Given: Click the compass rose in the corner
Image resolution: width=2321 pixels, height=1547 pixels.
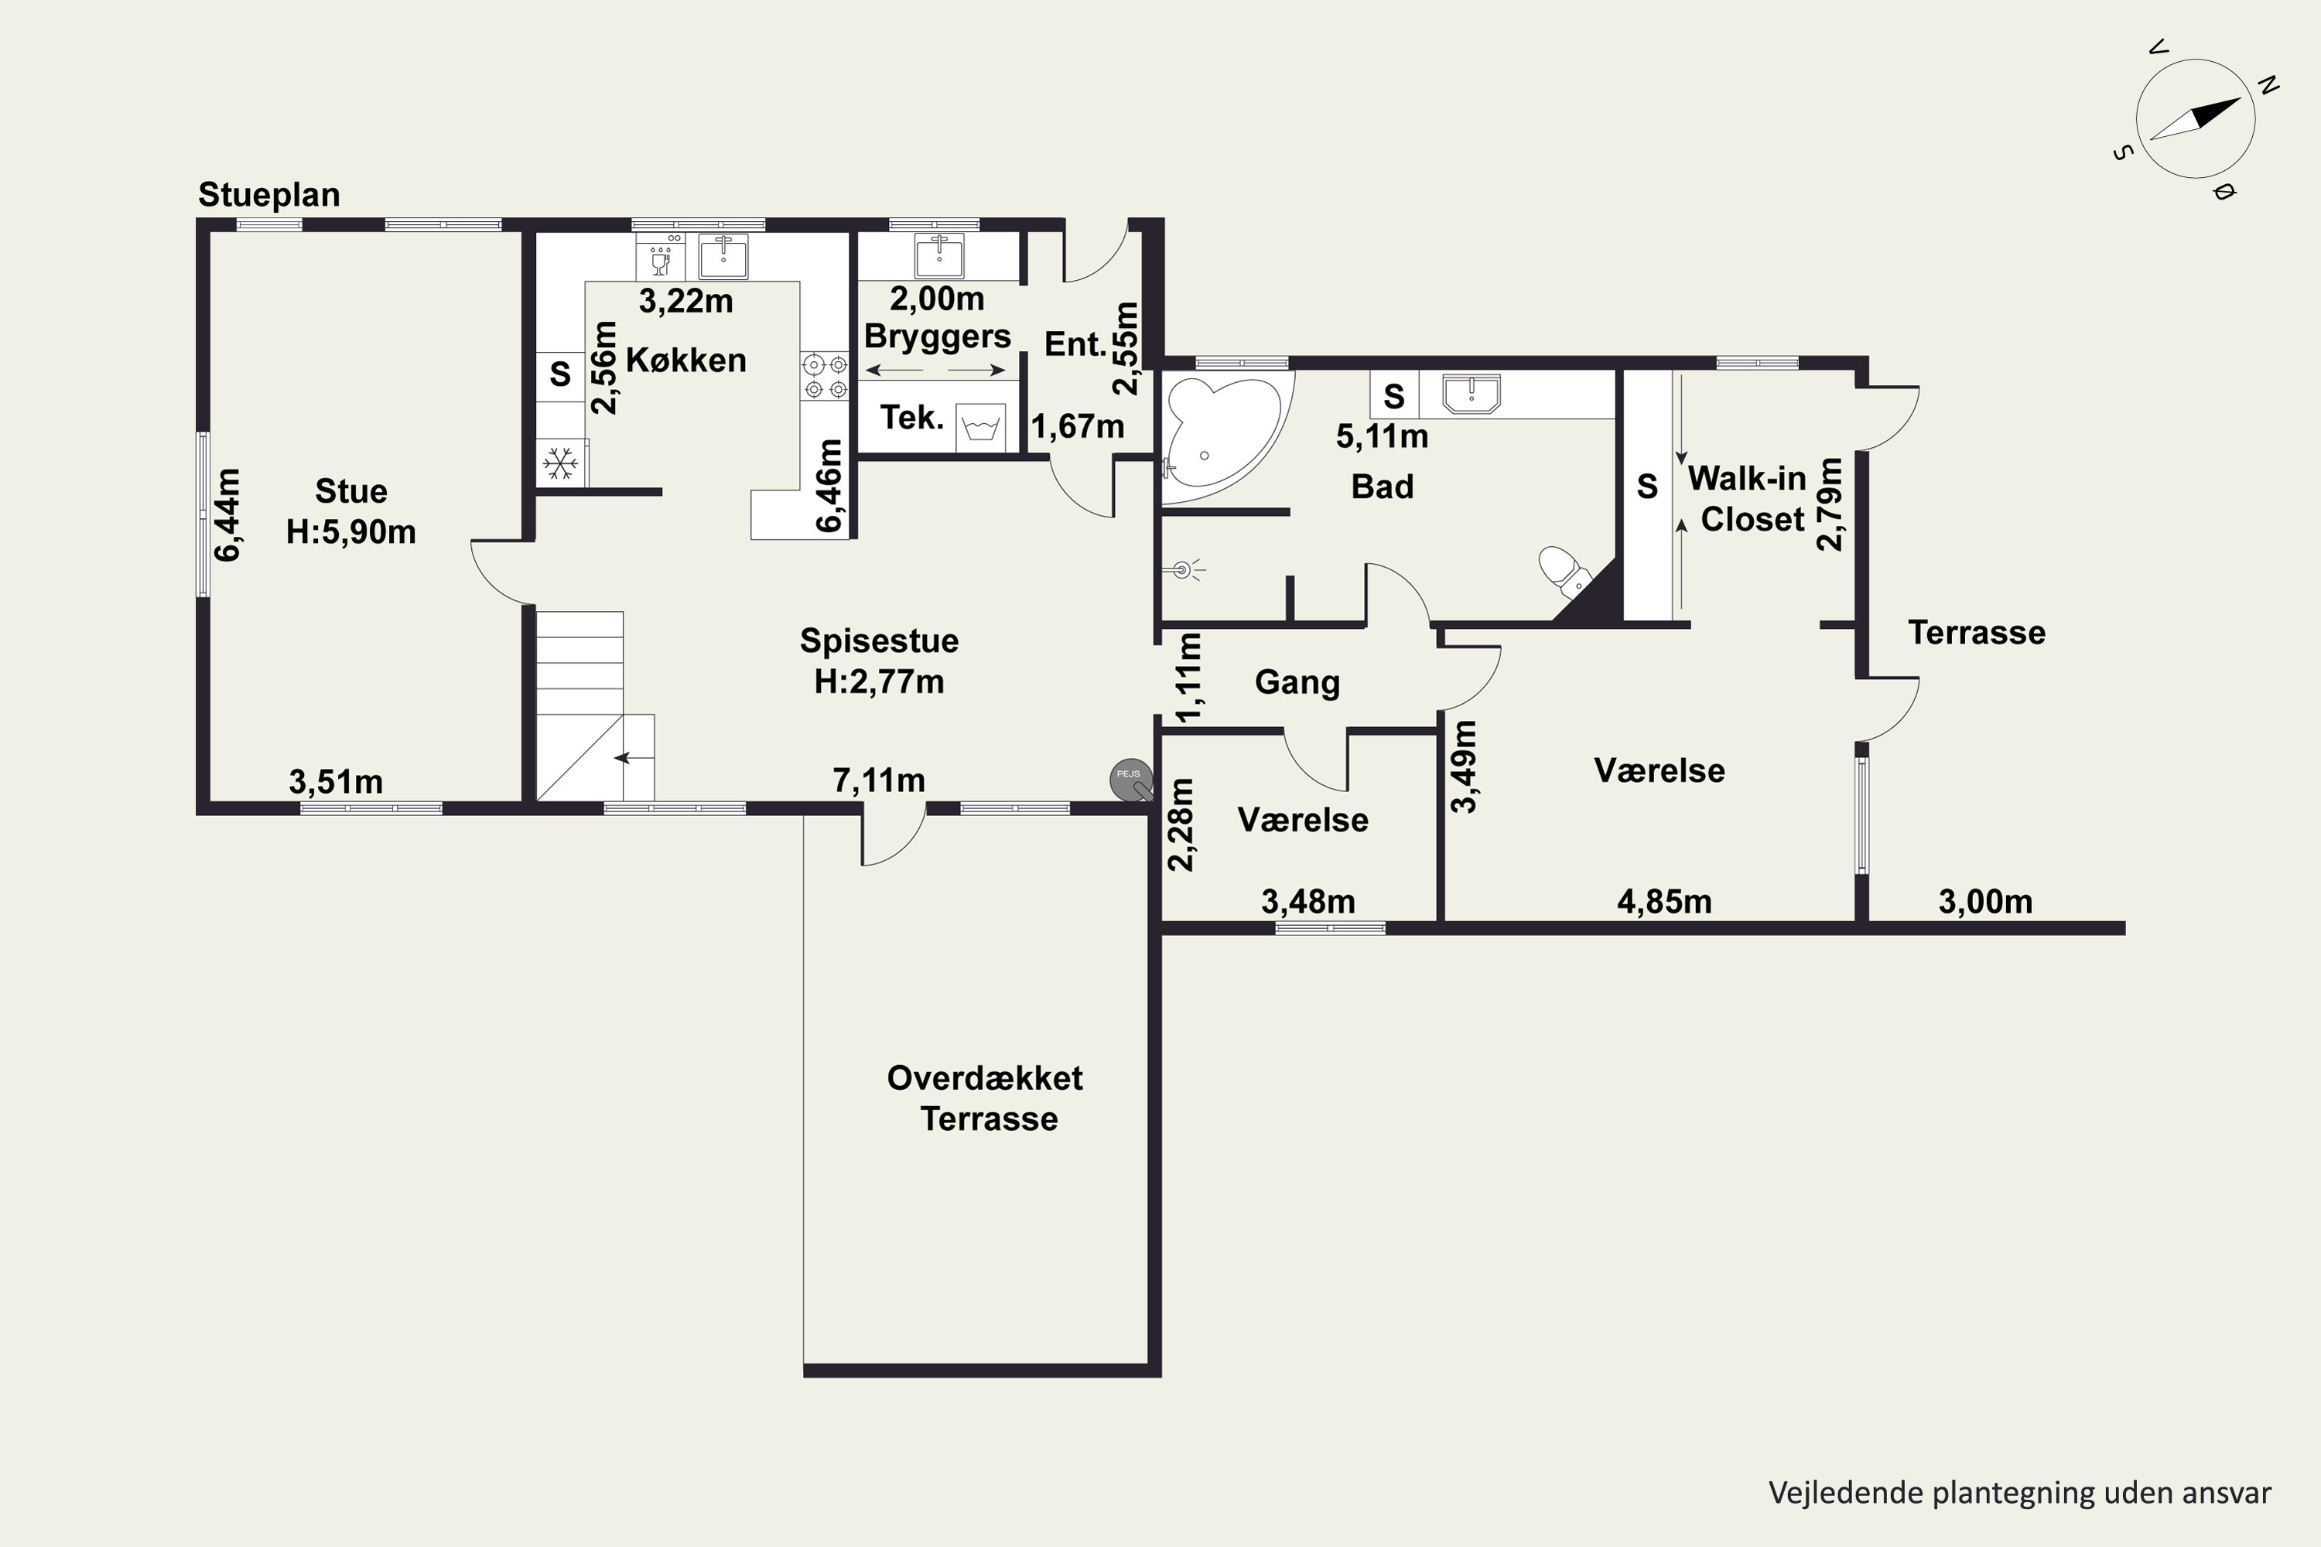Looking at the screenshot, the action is point(2196,118).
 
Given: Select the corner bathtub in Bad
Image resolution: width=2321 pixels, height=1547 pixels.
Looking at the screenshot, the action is point(1222,434).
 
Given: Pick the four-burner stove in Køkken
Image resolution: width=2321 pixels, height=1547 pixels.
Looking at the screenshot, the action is point(825,376).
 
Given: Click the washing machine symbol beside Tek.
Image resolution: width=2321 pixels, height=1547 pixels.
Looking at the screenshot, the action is point(981,427).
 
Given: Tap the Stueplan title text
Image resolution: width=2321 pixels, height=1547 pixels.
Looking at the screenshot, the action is point(269,194).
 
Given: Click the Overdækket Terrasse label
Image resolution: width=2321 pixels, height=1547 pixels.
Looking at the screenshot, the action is point(986,1098).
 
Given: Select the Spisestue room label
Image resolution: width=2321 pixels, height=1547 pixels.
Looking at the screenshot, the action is point(879,641).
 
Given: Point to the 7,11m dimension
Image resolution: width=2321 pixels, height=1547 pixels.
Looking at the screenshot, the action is point(879,780).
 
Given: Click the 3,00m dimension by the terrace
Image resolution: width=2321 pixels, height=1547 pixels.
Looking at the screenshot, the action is point(1985,901).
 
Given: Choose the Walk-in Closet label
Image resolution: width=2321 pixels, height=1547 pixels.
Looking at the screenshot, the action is point(1748,498).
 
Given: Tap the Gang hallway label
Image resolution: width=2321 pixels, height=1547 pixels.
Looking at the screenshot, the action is point(1297,681).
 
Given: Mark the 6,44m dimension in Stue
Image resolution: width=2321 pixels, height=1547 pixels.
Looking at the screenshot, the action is point(227,515).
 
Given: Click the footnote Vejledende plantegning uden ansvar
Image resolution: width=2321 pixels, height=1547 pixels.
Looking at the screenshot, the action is point(2020,1493).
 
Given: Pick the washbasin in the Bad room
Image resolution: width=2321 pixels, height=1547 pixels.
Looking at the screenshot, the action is point(1472,393).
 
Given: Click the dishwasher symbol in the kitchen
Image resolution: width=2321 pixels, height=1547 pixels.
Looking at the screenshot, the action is point(660,257).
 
